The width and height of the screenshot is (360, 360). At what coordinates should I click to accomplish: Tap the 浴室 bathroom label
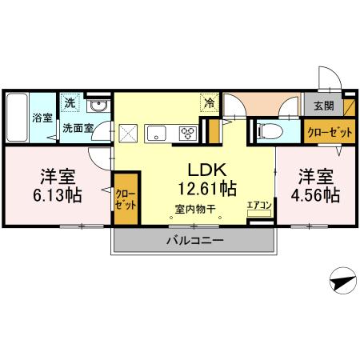click(x=42, y=118)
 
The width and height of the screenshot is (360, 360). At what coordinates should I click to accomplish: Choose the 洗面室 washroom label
click(x=78, y=127)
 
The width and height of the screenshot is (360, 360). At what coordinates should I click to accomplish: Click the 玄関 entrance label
click(x=324, y=106)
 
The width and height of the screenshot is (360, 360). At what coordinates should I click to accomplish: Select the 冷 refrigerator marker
click(x=209, y=102)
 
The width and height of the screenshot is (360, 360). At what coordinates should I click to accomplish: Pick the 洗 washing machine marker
click(x=70, y=102)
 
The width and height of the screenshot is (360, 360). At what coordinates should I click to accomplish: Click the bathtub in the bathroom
click(x=18, y=118)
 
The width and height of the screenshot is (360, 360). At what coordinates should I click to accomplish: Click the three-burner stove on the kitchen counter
click(x=189, y=132)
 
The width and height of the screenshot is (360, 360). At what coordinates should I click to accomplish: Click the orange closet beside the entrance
click(x=328, y=132)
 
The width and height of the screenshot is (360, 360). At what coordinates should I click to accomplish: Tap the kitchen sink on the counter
click(x=156, y=132)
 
